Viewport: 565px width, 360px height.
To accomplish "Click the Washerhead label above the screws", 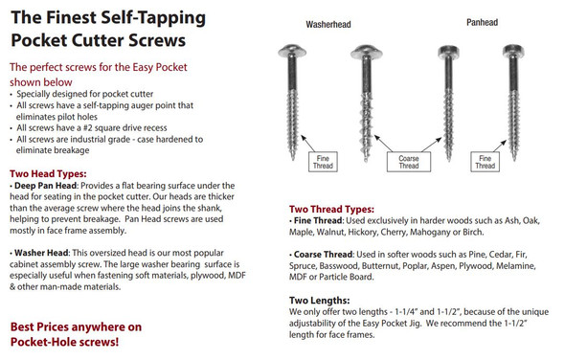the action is click(328, 25).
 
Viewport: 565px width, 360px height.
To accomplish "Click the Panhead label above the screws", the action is click(482, 22).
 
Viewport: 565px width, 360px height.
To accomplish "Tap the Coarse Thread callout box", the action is click(409, 162).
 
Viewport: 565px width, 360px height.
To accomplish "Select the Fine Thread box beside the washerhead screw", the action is click(323, 162).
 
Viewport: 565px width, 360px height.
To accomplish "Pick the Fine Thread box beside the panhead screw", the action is click(485, 162).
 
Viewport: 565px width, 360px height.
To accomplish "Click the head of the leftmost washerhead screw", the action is click(292, 51).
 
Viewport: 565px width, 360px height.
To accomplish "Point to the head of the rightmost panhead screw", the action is click(513, 51).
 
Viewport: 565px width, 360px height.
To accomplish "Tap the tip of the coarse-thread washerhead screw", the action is click(366, 160).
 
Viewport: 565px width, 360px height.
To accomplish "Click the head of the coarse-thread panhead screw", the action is click(448, 52).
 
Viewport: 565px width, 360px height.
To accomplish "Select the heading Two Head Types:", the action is click(48, 173).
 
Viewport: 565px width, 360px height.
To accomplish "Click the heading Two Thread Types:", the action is click(331, 209).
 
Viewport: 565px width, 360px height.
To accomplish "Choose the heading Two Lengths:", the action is click(319, 301).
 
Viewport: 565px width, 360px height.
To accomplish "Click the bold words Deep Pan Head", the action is click(45, 186).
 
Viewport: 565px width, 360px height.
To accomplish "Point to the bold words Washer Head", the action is click(41, 253).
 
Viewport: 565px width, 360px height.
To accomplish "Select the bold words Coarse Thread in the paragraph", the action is click(324, 255).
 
